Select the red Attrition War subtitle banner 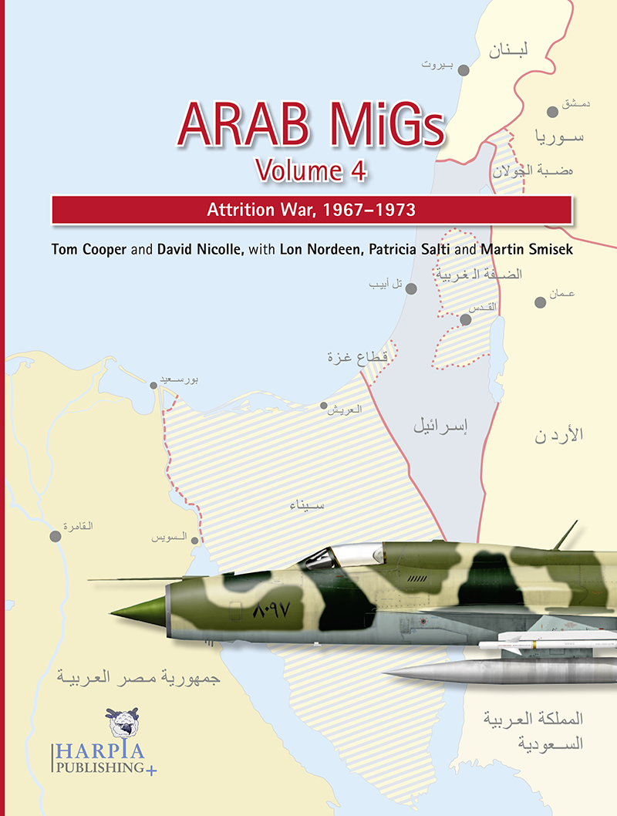point(311,209)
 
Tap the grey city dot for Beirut point(464,70)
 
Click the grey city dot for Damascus point(552,112)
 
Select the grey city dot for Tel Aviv point(411,289)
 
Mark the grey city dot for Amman point(541,302)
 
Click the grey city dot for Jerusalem point(466,319)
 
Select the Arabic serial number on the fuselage point(270,612)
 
